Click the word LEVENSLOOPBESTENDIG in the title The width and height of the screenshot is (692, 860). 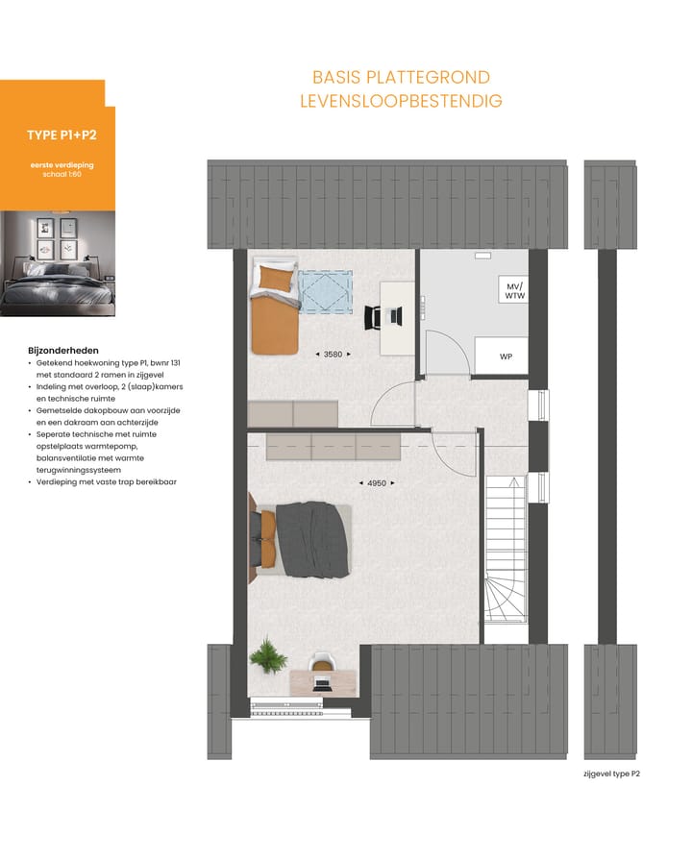click(401, 101)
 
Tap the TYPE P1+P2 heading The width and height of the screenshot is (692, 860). click(62, 135)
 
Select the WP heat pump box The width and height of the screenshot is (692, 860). click(506, 356)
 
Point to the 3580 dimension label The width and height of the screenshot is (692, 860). click(333, 355)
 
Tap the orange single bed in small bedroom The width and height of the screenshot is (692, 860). click(272, 307)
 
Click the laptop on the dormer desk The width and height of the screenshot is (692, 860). click(323, 683)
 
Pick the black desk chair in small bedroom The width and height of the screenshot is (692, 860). click(375, 315)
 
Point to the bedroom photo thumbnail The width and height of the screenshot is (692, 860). click(58, 263)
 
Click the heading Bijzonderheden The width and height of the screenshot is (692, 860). click(63, 351)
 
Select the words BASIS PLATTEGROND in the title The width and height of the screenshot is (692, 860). click(401, 77)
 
